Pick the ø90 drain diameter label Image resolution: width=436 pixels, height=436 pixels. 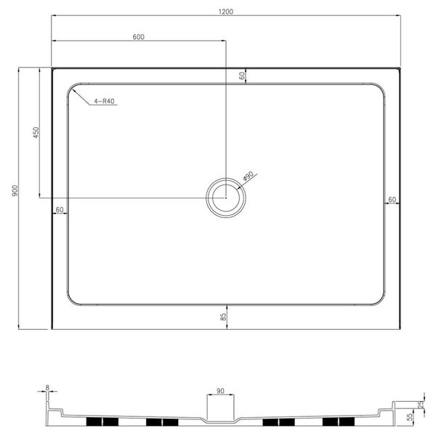248,177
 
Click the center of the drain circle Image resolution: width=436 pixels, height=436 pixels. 226,198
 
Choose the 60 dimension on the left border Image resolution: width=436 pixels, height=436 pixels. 60,209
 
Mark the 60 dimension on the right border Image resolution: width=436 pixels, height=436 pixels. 392,198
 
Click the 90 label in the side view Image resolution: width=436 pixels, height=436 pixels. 221,390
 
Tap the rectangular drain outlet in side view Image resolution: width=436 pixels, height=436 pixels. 221,408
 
